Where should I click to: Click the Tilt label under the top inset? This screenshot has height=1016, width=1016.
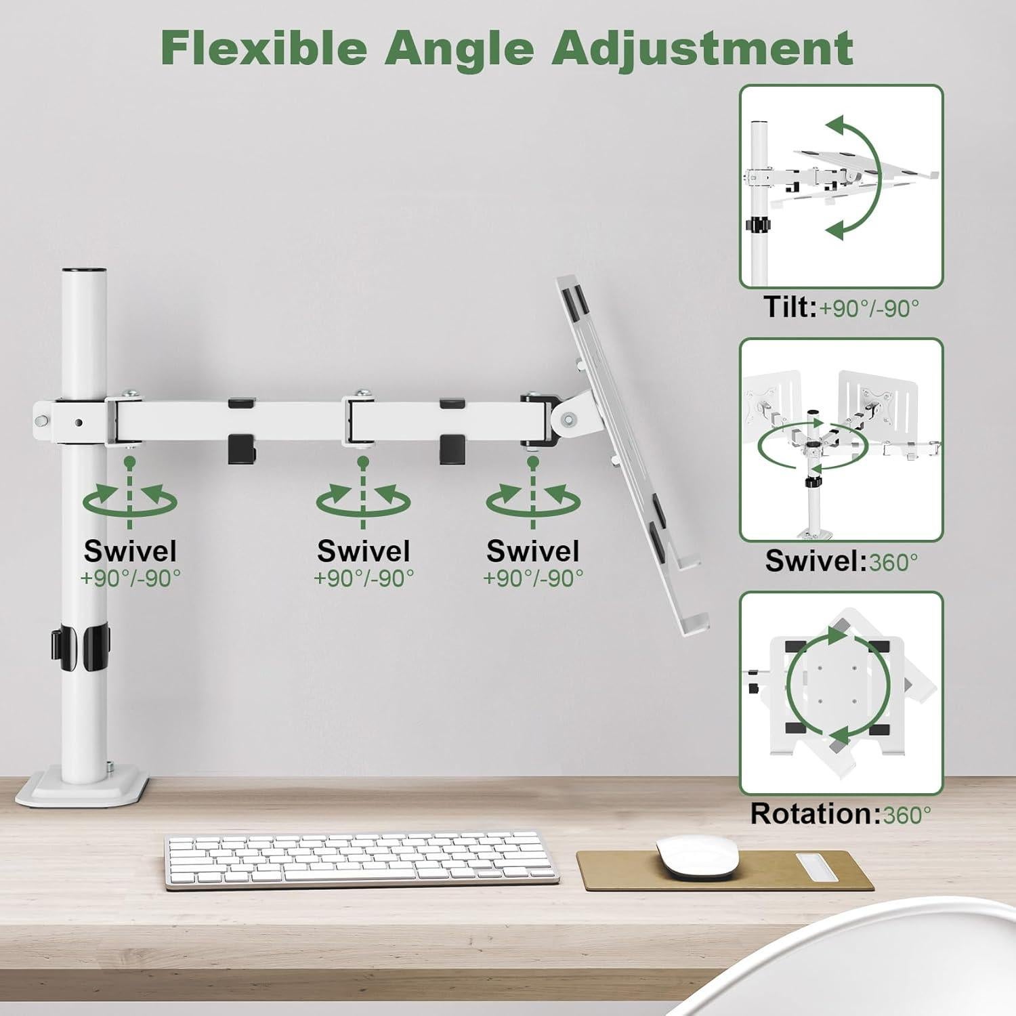[790, 308]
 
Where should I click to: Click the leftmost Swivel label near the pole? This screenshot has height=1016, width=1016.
[130, 551]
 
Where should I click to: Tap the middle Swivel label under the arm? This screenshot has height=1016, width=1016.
[363, 551]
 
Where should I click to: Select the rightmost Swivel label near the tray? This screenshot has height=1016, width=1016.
[532, 551]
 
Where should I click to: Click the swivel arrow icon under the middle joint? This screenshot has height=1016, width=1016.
[363, 502]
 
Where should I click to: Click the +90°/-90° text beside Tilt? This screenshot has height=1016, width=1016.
[870, 309]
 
